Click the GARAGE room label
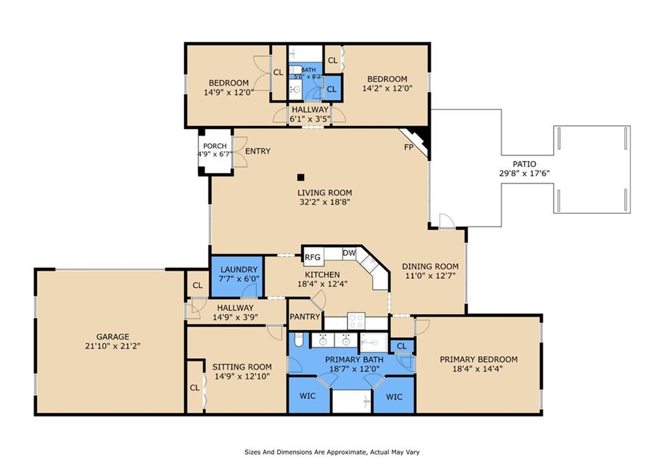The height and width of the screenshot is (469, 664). click(x=113, y=337)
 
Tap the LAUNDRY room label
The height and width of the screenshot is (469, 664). click(x=239, y=269)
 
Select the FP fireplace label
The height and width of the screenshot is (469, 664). click(x=409, y=147)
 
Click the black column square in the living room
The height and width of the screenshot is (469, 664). click(x=301, y=177)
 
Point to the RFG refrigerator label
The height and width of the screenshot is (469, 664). click(x=313, y=257)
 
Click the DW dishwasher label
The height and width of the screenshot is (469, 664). click(x=349, y=254)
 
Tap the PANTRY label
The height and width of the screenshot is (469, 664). click(x=305, y=317)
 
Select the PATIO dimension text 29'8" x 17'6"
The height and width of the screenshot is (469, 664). click(x=524, y=173)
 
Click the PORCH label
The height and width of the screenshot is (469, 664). click(x=215, y=146)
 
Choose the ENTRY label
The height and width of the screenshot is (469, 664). click(x=258, y=151)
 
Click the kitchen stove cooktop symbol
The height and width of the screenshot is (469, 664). click(x=356, y=320)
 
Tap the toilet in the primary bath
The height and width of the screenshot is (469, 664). click(x=298, y=340)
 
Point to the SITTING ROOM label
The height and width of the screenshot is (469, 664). click(x=242, y=367)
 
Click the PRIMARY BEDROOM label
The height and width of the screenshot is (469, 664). click(x=479, y=359)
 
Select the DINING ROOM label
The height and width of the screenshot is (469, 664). click(x=431, y=267)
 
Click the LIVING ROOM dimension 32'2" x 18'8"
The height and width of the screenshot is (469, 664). click(x=325, y=202)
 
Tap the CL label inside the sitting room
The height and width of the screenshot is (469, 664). click(x=195, y=388)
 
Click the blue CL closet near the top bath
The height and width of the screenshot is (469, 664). click(x=333, y=88)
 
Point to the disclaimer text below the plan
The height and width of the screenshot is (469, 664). click(x=332, y=452)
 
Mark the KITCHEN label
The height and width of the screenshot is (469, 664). click(x=322, y=275)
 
